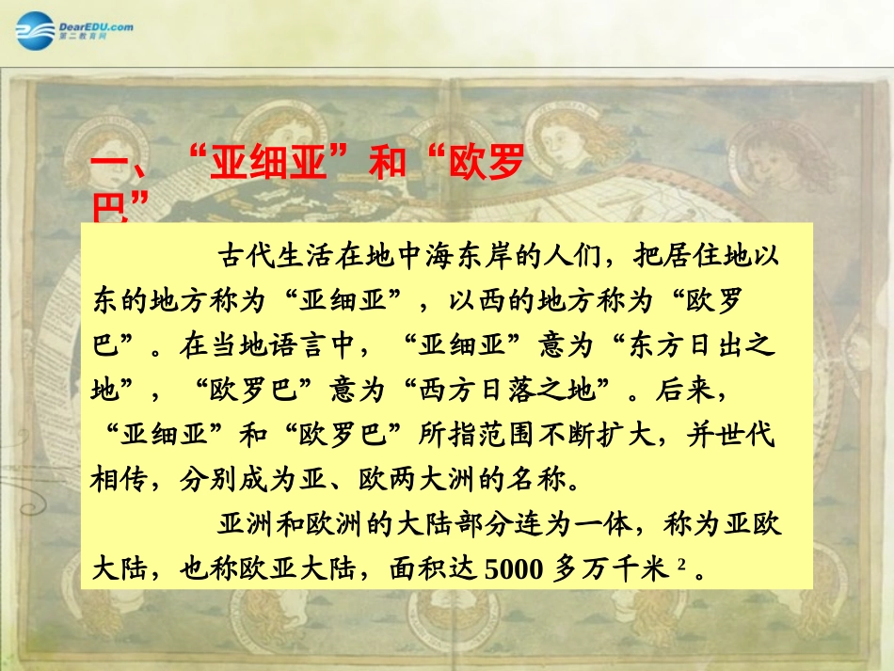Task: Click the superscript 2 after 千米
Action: [x=678, y=566]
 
